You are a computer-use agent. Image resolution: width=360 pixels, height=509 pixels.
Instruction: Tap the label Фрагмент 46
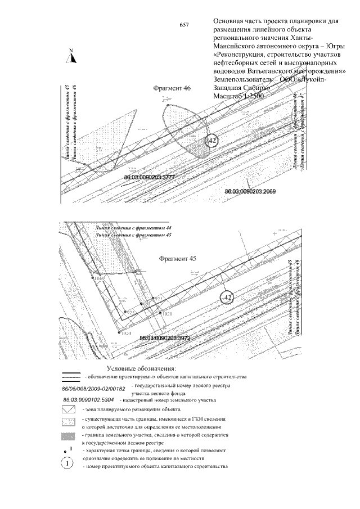tap(172, 89)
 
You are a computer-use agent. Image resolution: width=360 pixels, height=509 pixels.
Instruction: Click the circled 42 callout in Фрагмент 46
tap(210, 141)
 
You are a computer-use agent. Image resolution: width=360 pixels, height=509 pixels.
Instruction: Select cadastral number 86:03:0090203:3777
tap(150, 177)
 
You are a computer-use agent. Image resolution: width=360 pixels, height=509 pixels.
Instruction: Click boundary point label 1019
tap(99, 278)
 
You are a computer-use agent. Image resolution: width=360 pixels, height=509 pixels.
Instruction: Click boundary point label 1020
tap(125, 334)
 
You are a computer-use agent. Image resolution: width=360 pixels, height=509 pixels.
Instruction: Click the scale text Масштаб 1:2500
tap(239, 96)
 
